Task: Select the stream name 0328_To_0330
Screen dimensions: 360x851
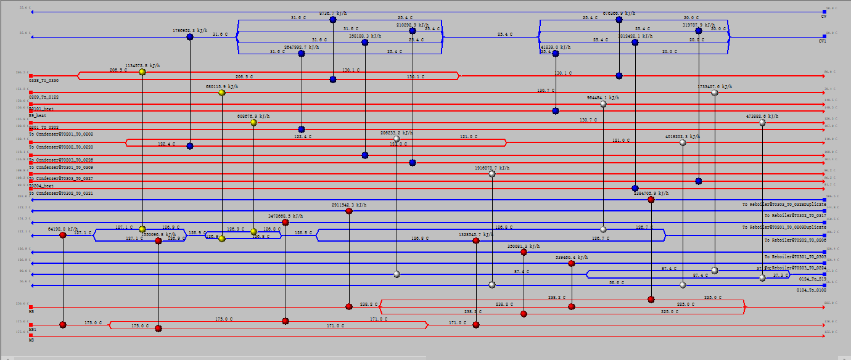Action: tap(44, 81)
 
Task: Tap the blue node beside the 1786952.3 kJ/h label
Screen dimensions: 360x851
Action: tap(190, 37)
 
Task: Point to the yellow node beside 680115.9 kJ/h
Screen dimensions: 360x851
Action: tap(222, 92)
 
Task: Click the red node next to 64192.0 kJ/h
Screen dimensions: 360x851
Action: tap(63, 235)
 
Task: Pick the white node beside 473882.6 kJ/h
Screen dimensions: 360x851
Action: tap(762, 123)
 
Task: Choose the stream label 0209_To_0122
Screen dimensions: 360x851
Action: tap(44, 97)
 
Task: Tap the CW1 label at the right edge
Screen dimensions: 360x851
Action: tap(823, 41)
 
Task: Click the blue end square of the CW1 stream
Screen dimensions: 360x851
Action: tap(824, 37)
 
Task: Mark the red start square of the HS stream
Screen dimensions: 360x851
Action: tap(31, 306)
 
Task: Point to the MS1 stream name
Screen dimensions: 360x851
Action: tap(33, 330)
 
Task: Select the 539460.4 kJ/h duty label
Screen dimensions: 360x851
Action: tap(571, 257)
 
